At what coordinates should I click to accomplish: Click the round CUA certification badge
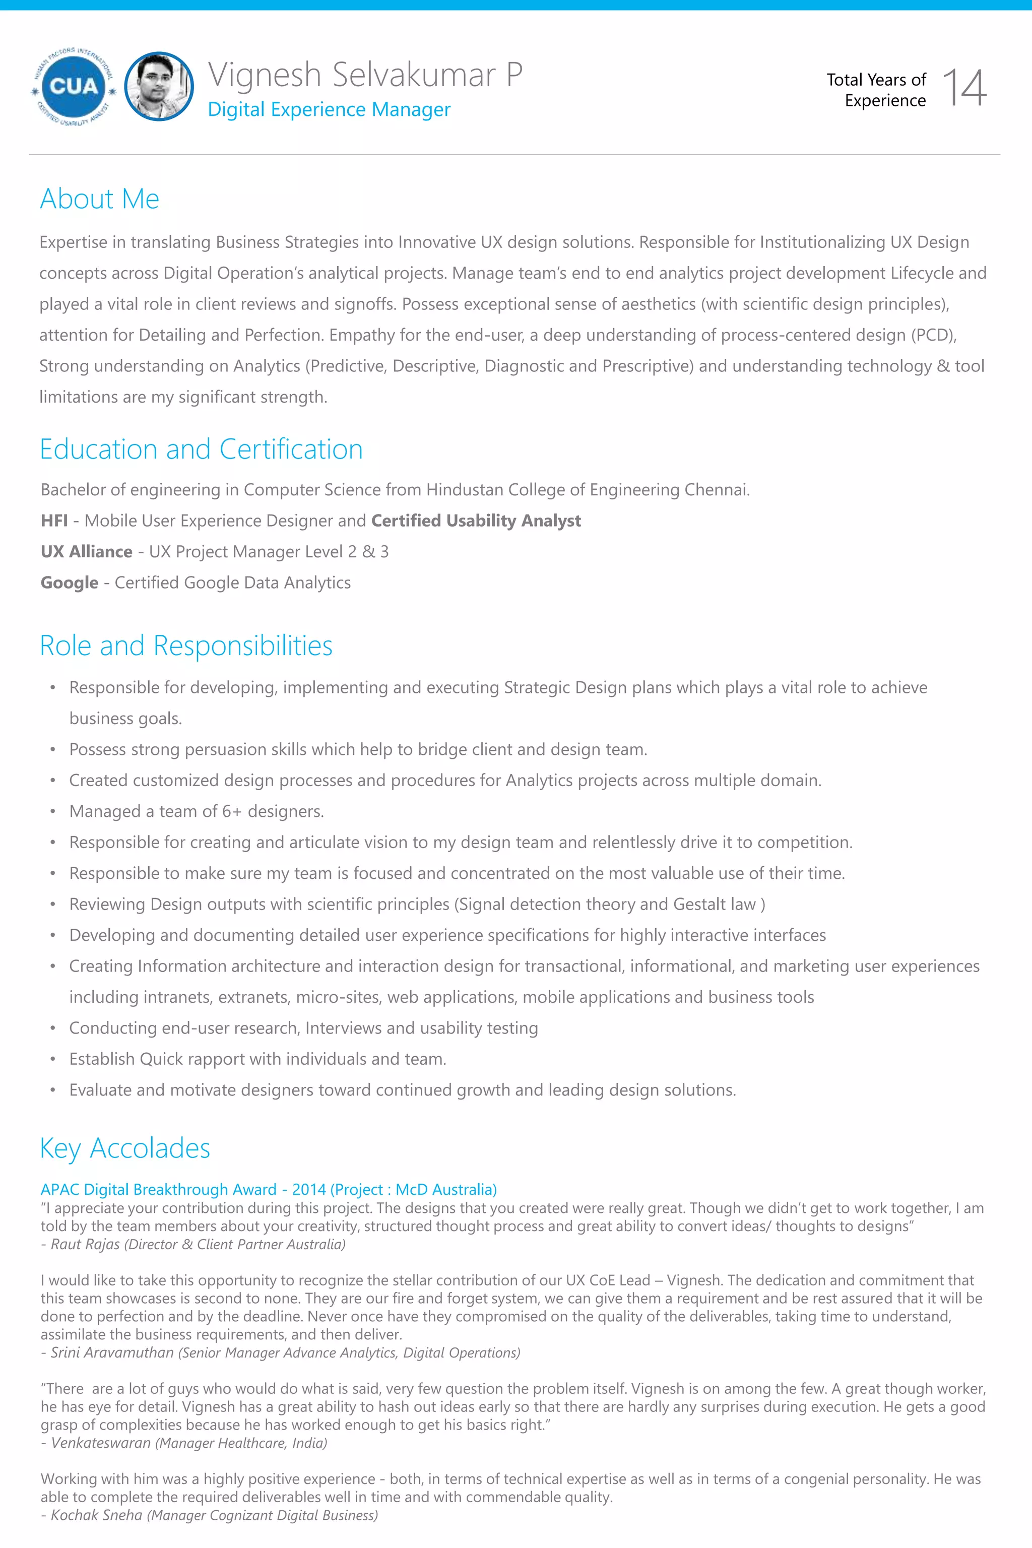pos(73,86)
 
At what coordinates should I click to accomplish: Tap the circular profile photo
pos(159,86)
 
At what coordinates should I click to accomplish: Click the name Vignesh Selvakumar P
pos(365,75)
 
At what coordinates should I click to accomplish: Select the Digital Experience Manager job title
pos(329,109)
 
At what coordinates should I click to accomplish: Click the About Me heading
pos(99,199)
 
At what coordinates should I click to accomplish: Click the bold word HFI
pos(54,521)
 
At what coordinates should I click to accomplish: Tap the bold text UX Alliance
pos(86,552)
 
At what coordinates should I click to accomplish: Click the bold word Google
pos(69,583)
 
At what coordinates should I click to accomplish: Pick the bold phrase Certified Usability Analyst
pos(476,521)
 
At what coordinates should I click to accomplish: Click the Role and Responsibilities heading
pos(186,646)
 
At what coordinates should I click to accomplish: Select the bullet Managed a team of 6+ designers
pos(196,811)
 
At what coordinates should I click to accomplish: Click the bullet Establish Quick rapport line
pos(257,1059)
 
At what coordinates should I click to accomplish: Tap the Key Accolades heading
pos(125,1148)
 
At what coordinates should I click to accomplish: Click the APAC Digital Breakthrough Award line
pos(269,1189)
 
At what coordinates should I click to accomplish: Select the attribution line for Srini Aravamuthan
pos(280,1352)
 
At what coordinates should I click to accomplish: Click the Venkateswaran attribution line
pos(184,1443)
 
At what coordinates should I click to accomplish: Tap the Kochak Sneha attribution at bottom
pos(209,1515)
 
